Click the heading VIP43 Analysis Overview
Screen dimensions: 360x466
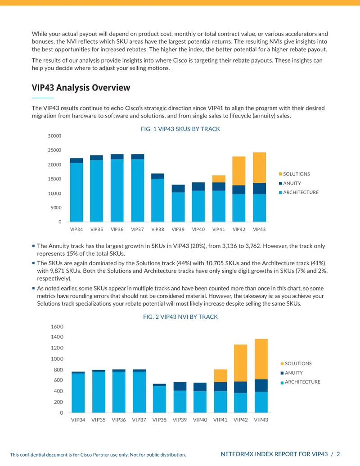coord(81,88)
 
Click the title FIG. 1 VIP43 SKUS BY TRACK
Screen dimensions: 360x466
coord(180,129)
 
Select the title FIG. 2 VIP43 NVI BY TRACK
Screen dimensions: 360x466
coord(180,317)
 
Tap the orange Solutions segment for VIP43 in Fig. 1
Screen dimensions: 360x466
coord(259,167)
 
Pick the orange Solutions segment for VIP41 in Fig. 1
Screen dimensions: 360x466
coord(219,179)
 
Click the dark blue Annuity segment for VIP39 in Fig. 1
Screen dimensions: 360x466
coord(178,188)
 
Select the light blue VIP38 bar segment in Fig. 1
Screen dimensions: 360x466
coord(157,200)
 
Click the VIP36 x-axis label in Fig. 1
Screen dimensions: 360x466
coord(117,230)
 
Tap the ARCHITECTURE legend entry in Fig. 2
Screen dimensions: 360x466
coord(300,382)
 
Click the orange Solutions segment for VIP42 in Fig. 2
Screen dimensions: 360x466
coord(241,363)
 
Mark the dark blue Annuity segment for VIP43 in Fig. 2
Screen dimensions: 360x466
coord(261,385)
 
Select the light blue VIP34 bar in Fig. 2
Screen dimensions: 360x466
coord(78,393)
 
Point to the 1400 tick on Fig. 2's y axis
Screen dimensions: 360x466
coord(57,337)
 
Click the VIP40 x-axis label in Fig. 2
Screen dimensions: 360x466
coord(200,420)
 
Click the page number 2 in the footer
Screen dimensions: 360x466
coord(338,454)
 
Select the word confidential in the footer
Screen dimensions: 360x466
coord(34,455)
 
